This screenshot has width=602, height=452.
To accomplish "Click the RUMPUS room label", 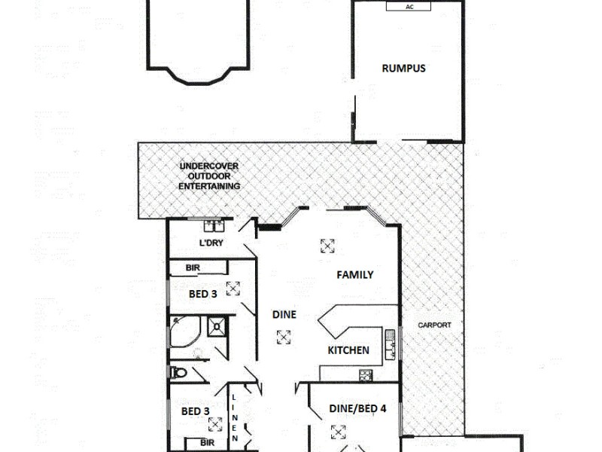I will point(403,68).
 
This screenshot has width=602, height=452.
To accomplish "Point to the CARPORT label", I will point(436,325).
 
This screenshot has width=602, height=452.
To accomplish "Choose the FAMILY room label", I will point(354,275).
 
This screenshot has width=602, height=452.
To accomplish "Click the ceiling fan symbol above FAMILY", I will point(327,245).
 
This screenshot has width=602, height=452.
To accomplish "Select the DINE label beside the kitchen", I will point(284,314).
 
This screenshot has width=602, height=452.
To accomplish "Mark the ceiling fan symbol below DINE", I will point(283,337).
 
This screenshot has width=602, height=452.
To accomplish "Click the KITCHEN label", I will point(348,350).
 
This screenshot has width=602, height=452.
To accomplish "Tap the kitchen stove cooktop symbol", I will point(366,374).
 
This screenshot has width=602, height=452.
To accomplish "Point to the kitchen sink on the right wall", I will point(391,344).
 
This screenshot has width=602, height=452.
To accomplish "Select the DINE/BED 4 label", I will point(357,409).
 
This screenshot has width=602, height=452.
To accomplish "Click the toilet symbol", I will point(178,371).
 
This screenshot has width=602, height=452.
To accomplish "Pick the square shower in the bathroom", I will point(217,325).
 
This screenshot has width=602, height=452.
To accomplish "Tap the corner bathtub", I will point(184,332).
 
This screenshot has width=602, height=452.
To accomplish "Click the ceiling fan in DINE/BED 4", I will point(338,432).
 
